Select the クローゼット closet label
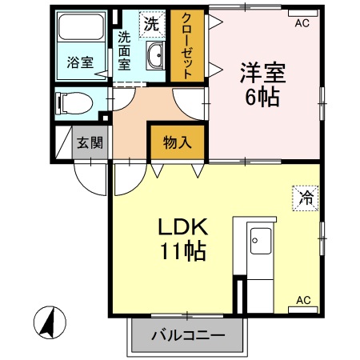pyautogui.click(x=186, y=46)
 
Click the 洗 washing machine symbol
pyautogui.click(x=152, y=24)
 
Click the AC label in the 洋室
pyautogui.click(x=302, y=23)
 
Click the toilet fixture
pyautogui.click(x=73, y=104)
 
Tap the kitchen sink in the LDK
pyautogui.click(x=261, y=239)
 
